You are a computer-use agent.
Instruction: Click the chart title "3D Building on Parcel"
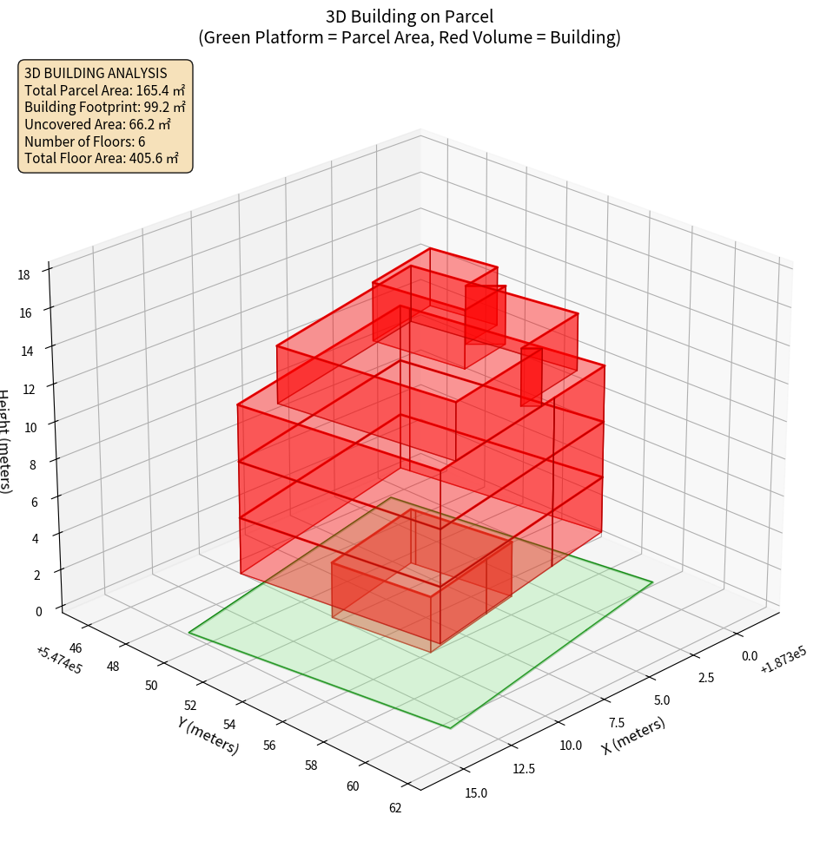click(x=409, y=16)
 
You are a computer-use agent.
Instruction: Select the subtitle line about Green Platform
click(x=409, y=37)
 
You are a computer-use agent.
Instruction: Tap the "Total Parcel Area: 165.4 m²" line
click(x=104, y=89)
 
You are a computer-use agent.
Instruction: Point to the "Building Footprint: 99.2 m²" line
click(x=104, y=107)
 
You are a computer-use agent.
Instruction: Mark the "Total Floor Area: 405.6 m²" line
click(x=102, y=159)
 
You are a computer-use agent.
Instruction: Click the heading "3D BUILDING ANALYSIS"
click(x=96, y=73)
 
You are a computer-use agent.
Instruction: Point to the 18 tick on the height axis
click(x=23, y=275)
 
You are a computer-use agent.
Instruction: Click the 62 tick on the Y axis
click(x=395, y=808)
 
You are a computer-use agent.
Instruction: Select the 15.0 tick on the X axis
click(x=476, y=792)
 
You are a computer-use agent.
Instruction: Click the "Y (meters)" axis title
click(x=208, y=735)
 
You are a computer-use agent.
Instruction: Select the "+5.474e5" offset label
click(x=59, y=660)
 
